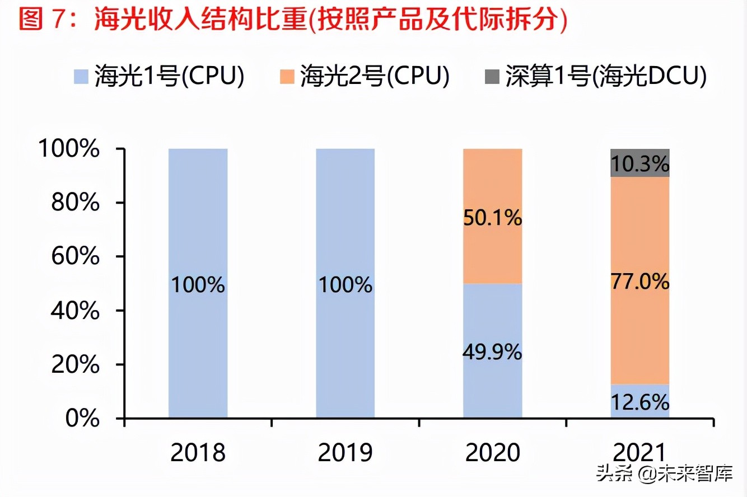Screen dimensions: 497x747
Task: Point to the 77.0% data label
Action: point(640,282)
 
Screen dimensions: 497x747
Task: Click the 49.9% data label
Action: point(492,353)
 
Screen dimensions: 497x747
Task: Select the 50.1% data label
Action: point(492,218)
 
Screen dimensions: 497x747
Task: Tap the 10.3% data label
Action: point(640,165)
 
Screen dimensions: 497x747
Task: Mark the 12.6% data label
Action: point(640,402)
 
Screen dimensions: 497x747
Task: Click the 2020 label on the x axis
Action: point(493,453)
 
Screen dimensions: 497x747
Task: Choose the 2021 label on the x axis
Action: point(640,453)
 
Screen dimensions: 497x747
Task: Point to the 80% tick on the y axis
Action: point(75,203)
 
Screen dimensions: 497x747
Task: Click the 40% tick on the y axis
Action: point(75,311)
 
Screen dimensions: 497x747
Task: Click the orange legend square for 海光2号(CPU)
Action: point(286,75)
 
